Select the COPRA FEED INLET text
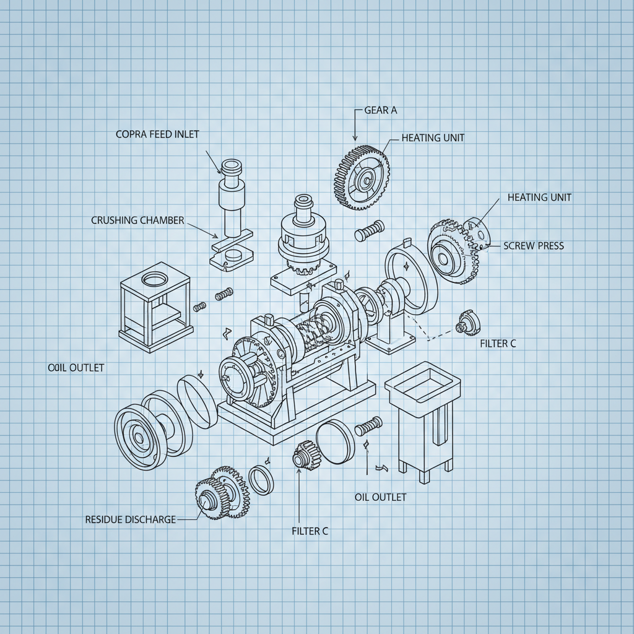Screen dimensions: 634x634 pos(157,134)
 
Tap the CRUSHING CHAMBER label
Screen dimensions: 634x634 pos(137,220)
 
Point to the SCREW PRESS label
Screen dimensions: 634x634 pos(534,246)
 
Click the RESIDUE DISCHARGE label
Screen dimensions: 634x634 pos(130,519)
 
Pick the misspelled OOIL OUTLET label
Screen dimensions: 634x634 pos(76,368)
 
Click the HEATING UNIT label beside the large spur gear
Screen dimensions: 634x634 pos(433,137)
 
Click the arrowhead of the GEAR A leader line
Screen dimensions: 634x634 pos(355,137)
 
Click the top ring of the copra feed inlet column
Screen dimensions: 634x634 pos(232,167)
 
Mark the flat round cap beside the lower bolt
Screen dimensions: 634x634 pos(335,440)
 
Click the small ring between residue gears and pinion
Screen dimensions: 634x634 pos(261,480)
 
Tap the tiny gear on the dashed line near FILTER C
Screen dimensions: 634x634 pos(464,324)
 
